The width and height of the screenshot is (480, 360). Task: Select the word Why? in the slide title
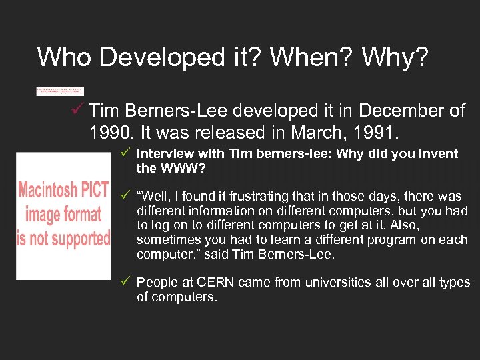click(x=395, y=57)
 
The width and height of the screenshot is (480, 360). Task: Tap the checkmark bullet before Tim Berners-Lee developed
click(x=77, y=109)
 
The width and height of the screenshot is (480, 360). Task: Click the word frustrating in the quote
click(x=265, y=197)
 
